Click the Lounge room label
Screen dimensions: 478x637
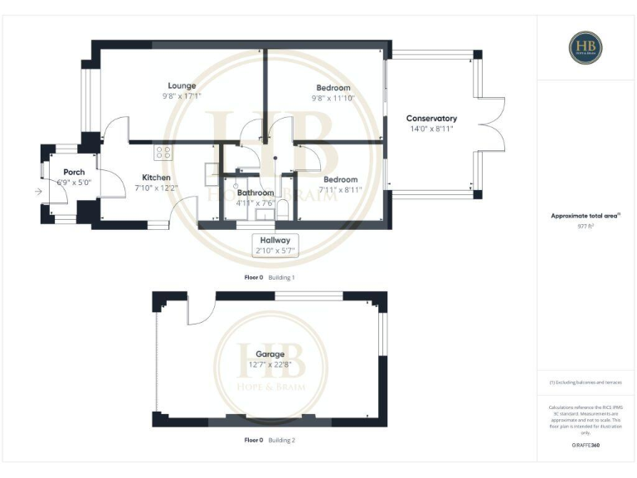pos(182,85)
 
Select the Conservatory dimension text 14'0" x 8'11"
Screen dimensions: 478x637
pos(431,129)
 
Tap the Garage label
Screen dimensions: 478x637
pos(270,354)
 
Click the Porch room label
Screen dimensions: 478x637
pos(74,172)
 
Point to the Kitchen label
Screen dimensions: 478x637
pos(156,178)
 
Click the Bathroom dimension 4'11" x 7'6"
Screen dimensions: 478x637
pos(255,202)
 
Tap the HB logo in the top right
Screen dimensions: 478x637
pos(586,48)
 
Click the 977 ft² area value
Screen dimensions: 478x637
pos(586,225)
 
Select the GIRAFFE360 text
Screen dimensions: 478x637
pos(586,446)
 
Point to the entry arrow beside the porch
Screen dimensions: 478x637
pos(36,193)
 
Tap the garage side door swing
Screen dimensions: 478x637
pos(200,311)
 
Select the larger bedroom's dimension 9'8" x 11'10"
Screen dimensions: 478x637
pos(333,97)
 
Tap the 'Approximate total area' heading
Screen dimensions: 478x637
pos(585,215)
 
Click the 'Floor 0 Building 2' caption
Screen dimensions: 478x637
pos(270,439)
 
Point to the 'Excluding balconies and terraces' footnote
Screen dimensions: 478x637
pos(585,382)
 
